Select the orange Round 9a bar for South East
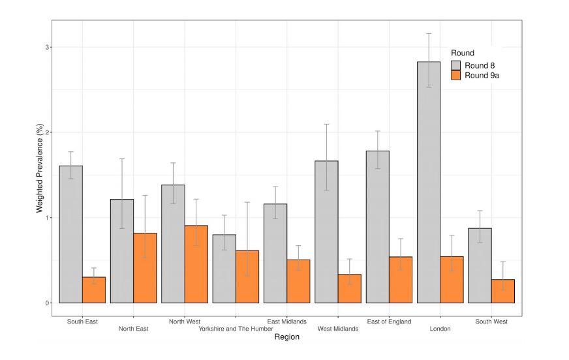94,290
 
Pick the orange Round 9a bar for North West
196,264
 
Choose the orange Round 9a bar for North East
145,268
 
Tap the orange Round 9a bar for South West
503,292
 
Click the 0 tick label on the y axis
48,303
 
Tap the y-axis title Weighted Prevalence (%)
39,174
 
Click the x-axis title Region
287,338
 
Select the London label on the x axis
440,329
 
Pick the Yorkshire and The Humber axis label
236,329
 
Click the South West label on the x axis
491,322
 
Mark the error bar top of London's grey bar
429,33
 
